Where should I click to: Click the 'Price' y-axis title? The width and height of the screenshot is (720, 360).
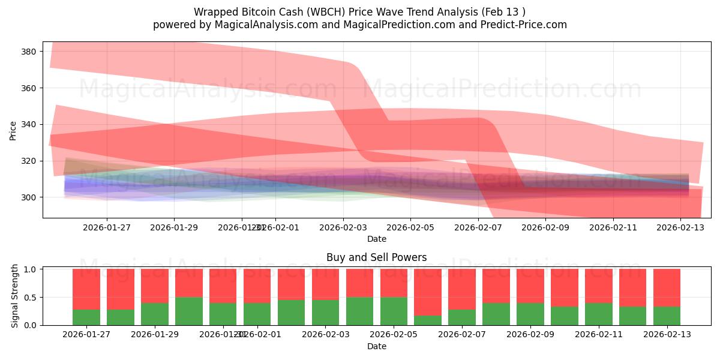[x=13, y=130]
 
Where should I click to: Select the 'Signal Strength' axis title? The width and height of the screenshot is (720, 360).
[x=16, y=296]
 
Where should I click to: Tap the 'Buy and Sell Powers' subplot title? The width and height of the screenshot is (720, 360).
[x=376, y=257]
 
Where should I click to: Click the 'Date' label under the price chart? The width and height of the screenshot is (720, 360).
[x=376, y=239]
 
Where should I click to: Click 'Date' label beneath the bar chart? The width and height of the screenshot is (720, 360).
[x=376, y=346]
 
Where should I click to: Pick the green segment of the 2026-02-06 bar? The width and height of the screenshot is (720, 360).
[x=428, y=320]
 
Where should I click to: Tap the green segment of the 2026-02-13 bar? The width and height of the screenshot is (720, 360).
[x=667, y=316]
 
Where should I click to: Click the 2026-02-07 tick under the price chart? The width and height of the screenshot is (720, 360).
[x=478, y=227]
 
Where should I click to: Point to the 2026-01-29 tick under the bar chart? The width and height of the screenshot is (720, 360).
[x=155, y=334]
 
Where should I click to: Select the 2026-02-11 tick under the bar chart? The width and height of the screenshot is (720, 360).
[x=599, y=334]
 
